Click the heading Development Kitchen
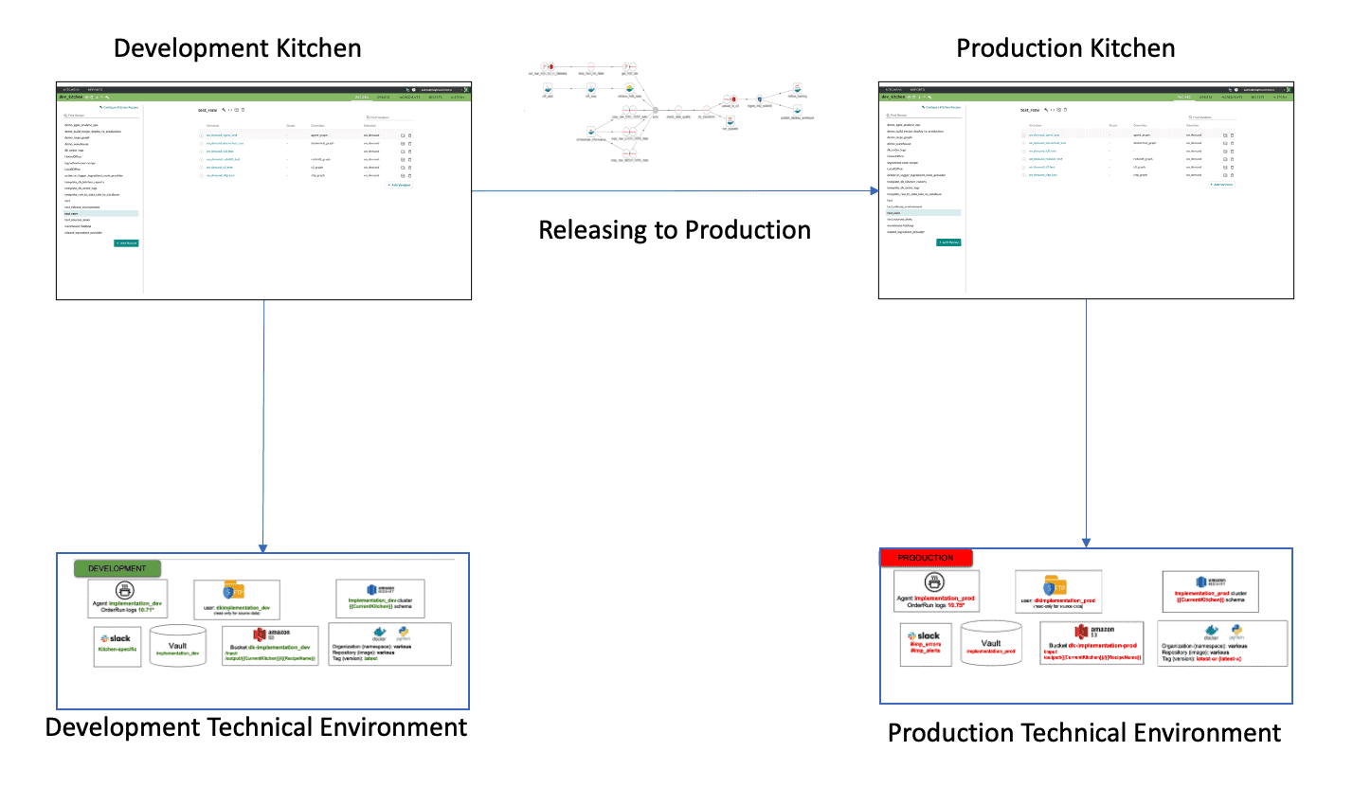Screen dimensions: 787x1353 coord(237,48)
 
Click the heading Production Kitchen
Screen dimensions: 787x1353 coord(1065,48)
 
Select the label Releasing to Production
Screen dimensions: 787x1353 coord(675,229)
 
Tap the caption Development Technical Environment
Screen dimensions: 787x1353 coord(256,726)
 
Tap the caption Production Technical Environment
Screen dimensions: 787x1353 coord(1084,732)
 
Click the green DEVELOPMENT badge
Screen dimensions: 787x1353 coord(117,568)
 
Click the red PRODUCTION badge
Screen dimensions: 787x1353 coord(916,558)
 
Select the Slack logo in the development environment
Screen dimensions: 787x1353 coord(118,638)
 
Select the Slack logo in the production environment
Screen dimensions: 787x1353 coord(924,635)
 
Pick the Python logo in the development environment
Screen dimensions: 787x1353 coord(404,633)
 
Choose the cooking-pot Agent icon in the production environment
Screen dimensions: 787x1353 coord(936,581)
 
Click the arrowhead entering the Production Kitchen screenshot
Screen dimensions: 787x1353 coord(875,191)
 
